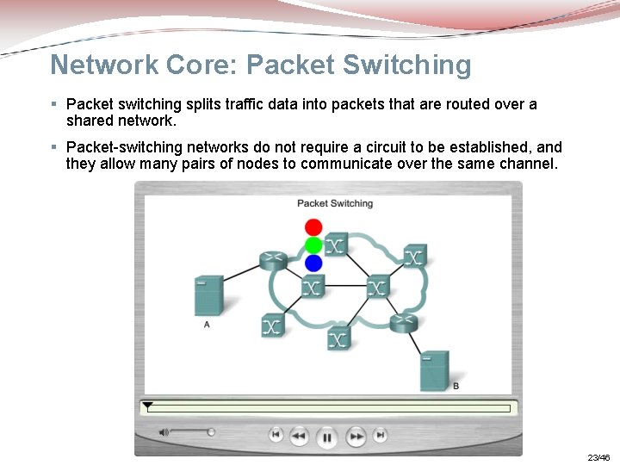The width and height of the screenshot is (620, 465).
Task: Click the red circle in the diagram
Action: point(313,228)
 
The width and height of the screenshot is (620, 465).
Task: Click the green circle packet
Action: point(313,245)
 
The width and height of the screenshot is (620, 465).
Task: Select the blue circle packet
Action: point(313,263)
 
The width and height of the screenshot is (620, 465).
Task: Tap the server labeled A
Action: point(209,295)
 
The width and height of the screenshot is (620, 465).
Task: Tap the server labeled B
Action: point(435,371)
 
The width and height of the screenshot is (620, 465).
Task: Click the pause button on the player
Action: point(327,437)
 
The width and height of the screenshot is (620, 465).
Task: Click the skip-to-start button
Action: point(276,436)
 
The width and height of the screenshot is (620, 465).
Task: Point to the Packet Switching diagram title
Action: point(335,203)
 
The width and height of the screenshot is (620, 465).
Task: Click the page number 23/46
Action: point(598,457)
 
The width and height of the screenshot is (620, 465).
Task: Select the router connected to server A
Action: point(273,261)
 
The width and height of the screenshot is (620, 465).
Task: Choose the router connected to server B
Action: point(402,323)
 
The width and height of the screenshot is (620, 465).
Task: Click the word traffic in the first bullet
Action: point(229,104)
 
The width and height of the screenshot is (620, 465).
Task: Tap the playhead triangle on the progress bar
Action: point(147,405)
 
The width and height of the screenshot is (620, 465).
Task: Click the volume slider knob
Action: point(211,432)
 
